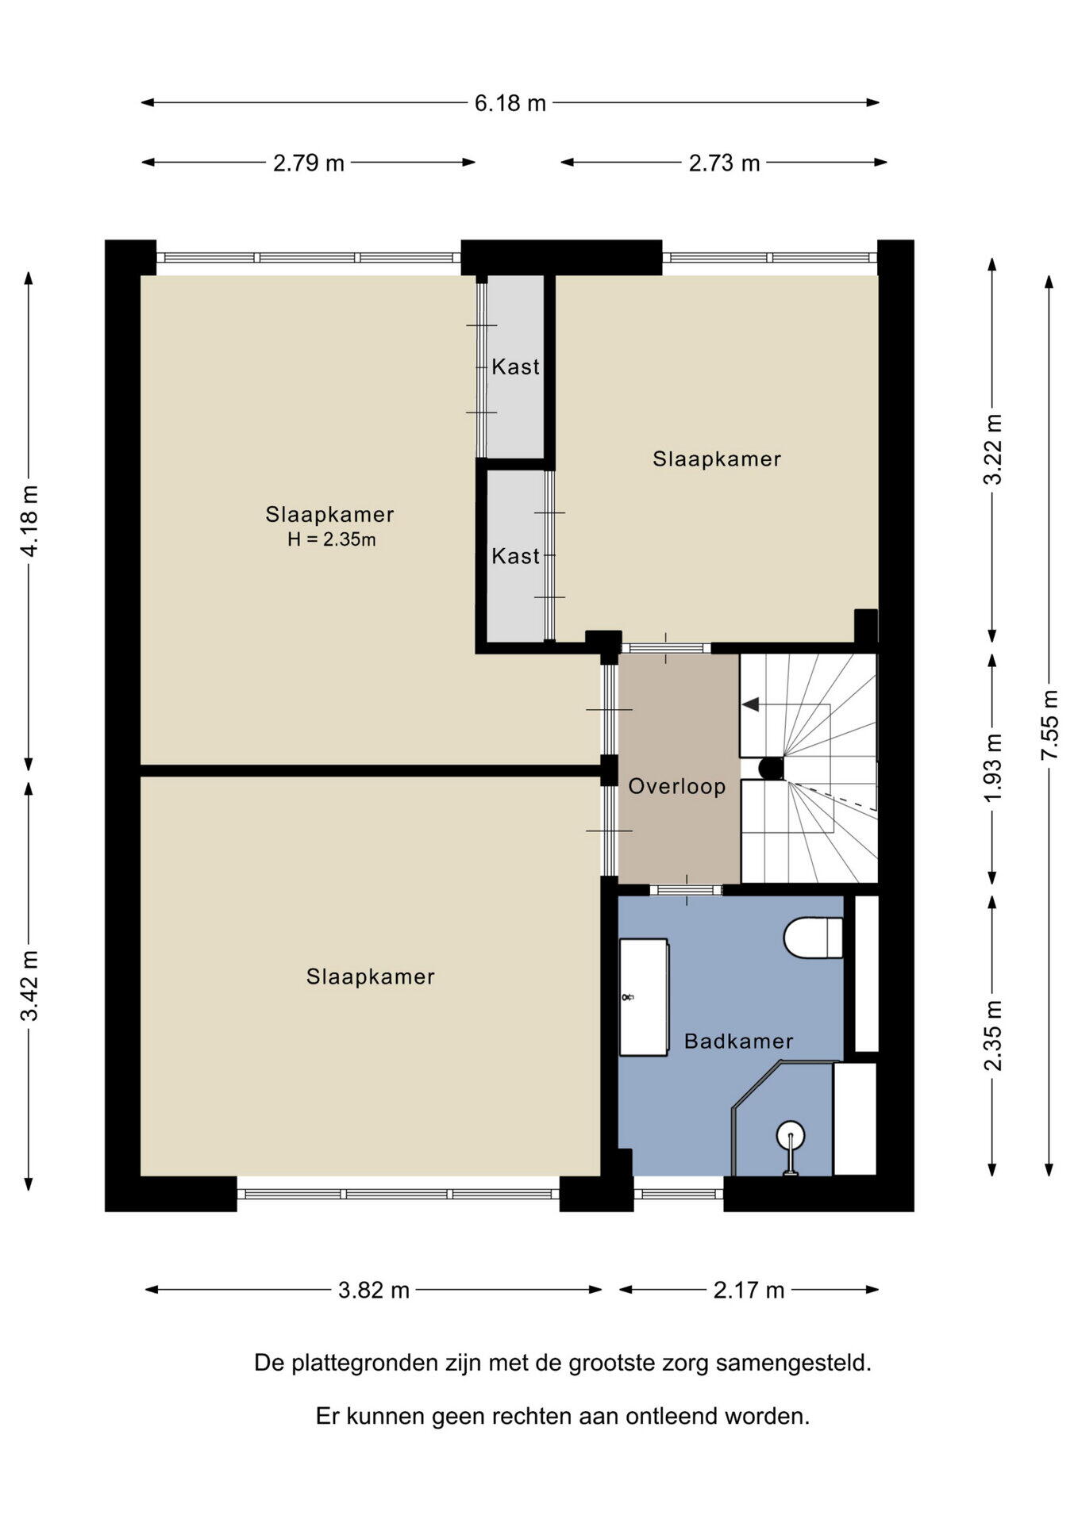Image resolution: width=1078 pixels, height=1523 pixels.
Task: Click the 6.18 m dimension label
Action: click(510, 103)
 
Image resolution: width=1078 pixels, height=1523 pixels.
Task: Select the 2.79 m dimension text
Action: click(309, 163)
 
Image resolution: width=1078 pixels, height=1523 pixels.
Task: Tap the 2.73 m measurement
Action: click(724, 163)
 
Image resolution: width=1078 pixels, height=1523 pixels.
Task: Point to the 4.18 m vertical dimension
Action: click(29, 520)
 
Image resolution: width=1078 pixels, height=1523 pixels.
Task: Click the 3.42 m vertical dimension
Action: click(29, 985)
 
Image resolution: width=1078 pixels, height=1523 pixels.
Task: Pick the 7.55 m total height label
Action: click(1050, 723)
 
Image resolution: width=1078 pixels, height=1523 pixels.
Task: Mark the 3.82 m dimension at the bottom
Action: click(374, 1291)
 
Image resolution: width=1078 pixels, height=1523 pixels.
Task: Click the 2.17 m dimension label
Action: click(749, 1291)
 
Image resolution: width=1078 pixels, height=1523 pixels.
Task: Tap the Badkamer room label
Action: click(738, 1042)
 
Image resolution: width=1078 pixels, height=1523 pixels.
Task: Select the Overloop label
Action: click(677, 787)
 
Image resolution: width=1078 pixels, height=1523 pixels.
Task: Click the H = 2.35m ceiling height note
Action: click(332, 540)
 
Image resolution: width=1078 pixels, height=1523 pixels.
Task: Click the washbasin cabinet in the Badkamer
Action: click(644, 997)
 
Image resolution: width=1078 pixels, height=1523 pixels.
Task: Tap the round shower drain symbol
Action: click(791, 1134)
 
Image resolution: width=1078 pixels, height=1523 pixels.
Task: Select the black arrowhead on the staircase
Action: click(750, 704)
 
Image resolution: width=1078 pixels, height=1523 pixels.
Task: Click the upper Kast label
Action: click(515, 367)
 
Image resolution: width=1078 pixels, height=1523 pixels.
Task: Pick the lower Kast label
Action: click(515, 557)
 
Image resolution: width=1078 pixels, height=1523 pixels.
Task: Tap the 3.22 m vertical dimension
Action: click(993, 449)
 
